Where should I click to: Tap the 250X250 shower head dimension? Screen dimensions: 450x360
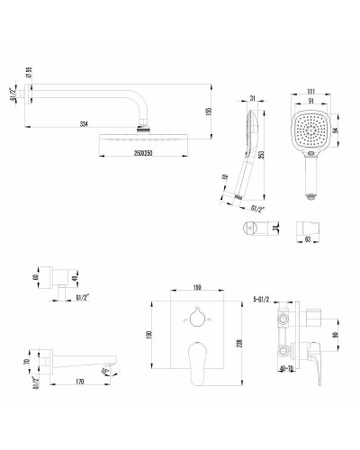click(x=135, y=155)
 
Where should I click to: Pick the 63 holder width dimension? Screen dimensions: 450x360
click(x=310, y=239)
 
